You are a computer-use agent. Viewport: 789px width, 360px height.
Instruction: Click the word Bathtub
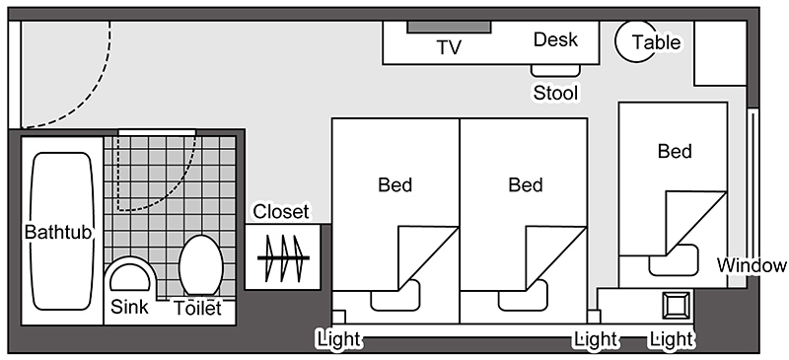(x=58, y=232)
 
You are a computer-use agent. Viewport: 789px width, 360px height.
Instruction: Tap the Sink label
(x=129, y=307)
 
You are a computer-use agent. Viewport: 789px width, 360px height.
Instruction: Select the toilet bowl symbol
(x=201, y=265)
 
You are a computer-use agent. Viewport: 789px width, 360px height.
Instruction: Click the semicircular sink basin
(x=130, y=277)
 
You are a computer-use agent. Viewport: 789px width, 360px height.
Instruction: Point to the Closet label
(x=281, y=211)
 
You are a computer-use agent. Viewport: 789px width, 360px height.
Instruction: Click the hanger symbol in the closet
(x=283, y=257)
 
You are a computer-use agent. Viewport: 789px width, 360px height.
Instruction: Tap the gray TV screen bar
(x=449, y=28)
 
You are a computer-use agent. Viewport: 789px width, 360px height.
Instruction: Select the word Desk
(x=555, y=39)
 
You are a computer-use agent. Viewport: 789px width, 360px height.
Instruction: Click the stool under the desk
(x=556, y=70)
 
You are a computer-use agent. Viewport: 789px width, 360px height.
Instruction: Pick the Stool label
(x=555, y=93)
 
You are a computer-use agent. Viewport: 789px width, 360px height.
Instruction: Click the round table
(x=636, y=41)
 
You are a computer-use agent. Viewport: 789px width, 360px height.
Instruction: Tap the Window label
(x=752, y=265)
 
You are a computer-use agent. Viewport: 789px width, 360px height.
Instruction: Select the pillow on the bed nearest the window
(x=674, y=260)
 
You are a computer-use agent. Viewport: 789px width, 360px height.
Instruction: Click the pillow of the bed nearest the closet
(x=395, y=296)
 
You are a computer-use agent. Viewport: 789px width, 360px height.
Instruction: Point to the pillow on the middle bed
(x=523, y=296)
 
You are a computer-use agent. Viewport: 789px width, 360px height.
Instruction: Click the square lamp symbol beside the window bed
(x=676, y=305)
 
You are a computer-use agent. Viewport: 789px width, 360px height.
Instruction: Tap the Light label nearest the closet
(x=339, y=339)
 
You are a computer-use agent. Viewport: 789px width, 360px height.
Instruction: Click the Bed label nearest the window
(x=675, y=151)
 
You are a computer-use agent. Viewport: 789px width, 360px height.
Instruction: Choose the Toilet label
(x=198, y=308)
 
